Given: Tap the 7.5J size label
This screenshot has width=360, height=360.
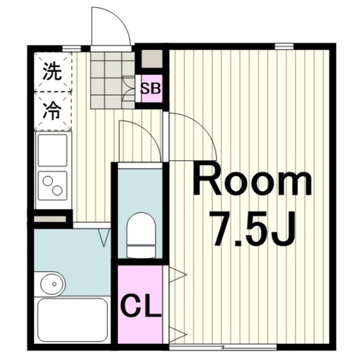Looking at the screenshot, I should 252,228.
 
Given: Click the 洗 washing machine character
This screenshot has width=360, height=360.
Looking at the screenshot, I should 52,72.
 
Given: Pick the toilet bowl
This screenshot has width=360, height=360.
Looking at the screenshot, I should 141,234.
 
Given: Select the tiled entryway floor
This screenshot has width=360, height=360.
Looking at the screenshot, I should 112,79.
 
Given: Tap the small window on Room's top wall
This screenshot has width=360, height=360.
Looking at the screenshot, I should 284,46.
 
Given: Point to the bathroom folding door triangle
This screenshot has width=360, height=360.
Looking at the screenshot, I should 105,238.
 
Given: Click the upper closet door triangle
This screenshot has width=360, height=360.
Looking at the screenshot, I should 177,275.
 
